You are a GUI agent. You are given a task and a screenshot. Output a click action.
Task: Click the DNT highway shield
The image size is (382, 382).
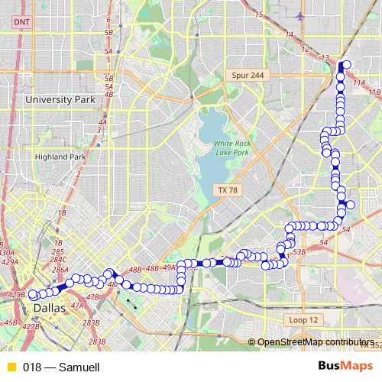coord(20,24)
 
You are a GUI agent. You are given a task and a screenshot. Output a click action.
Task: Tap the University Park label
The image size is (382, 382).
coord(59,99)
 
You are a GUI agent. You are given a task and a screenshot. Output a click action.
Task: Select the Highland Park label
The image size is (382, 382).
coord(60,157)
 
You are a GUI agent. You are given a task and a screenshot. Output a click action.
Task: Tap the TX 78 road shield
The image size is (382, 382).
coord(228,189)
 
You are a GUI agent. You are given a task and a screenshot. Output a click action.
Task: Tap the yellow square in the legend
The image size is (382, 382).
coord(11,367)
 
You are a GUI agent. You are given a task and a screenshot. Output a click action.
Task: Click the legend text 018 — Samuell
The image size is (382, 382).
coord(61,367)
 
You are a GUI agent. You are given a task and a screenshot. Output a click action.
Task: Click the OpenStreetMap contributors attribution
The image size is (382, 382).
coord(315,342)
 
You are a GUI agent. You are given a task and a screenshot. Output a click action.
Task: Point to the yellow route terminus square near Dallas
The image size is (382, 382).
coord(33,294)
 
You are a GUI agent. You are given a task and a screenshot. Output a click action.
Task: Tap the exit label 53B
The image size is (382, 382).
coord(299,251)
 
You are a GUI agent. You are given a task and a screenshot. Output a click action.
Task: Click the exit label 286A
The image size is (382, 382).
coord(60,270)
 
